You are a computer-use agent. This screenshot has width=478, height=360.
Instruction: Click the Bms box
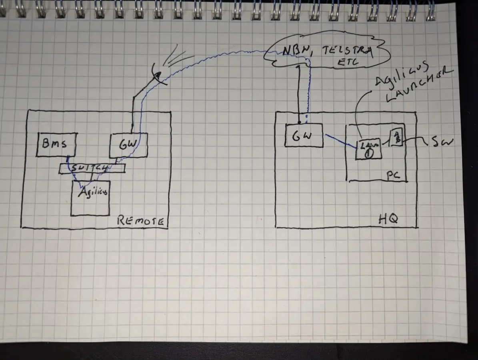coord(56,144)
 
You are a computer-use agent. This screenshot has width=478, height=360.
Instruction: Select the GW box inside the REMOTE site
coord(128,145)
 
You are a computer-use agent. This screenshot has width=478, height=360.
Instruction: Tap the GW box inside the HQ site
coord(304,136)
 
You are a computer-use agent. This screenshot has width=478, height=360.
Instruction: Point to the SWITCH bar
coord(92,169)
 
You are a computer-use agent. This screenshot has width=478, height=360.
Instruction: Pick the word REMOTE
coord(140,221)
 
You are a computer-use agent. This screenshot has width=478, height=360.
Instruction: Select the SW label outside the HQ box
coord(442,141)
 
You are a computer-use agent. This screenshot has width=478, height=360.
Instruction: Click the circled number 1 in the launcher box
coord(369,152)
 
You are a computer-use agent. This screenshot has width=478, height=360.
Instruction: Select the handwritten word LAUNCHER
coord(416,86)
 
